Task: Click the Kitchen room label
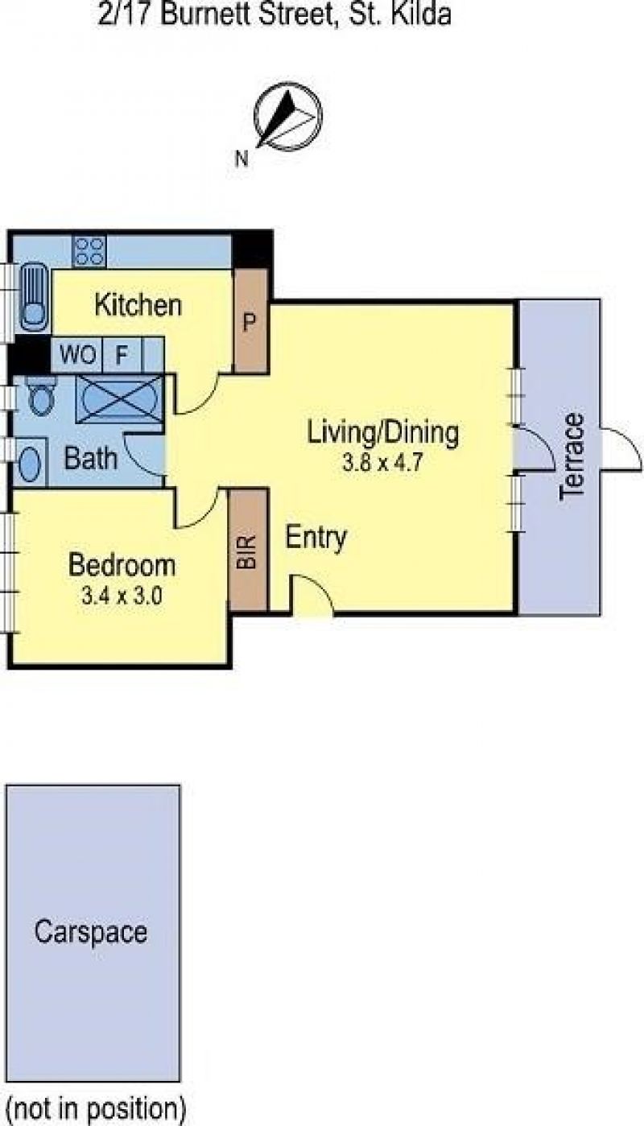(x=138, y=305)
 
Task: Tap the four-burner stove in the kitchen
(x=89, y=251)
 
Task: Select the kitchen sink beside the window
(x=35, y=296)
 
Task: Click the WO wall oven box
(x=77, y=355)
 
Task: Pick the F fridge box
(x=122, y=355)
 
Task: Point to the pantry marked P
(x=250, y=321)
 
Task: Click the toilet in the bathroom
(x=39, y=396)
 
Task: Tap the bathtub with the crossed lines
(x=120, y=399)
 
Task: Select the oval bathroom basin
(x=29, y=463)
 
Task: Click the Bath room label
(x=91, y=459)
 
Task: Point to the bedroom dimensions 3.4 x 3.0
(x=122, y=596)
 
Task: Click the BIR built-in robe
(x=249, y=551)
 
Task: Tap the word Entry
(x=316, y=538)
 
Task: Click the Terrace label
(x=572, y=457)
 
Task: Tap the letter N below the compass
(x=242, y=159)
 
